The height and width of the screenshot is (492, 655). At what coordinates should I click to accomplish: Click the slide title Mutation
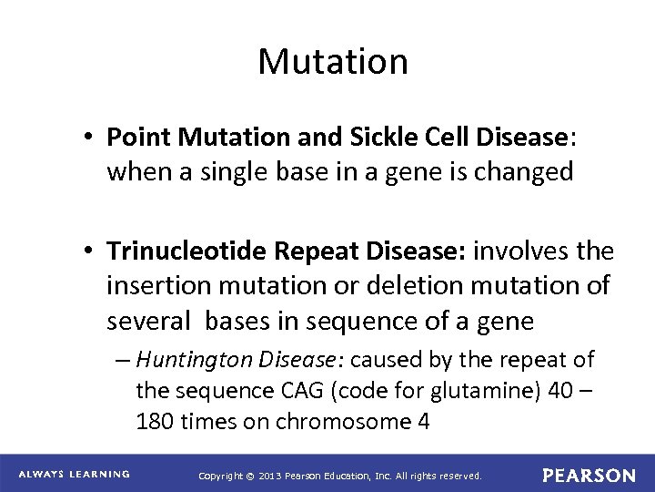pos(333,62)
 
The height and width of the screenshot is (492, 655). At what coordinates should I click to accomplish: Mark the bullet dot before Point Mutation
pos(92,138)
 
